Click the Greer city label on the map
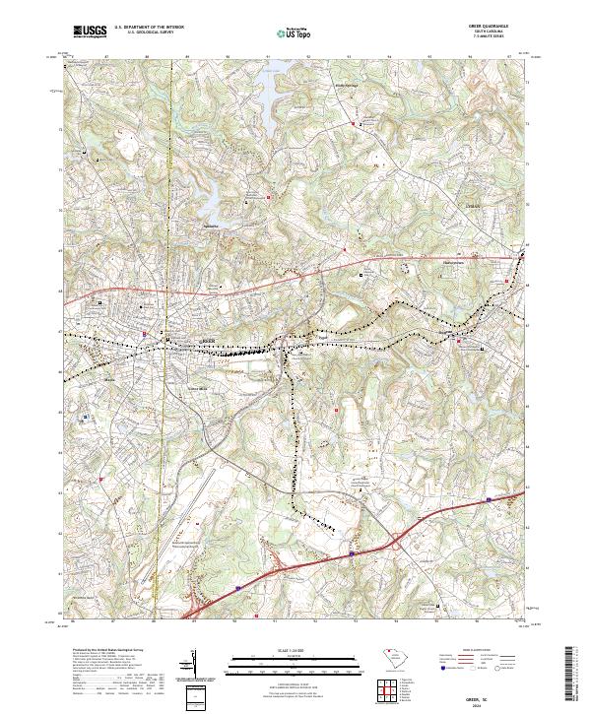[x=208, y=342]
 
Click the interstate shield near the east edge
[x=489, y=499]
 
